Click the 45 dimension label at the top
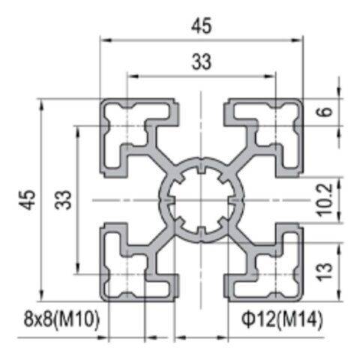(x=201, y=25)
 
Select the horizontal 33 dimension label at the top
(x=201, y=63)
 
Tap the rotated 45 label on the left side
(x=27, y=200)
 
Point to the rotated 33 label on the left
(x=63, y=200)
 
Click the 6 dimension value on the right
(x=324, y=112)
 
